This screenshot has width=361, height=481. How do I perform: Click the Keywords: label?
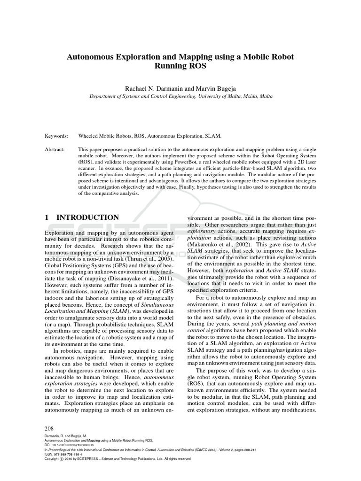pos(56,135)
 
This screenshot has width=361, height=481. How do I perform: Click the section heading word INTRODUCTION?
pos(88,217)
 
